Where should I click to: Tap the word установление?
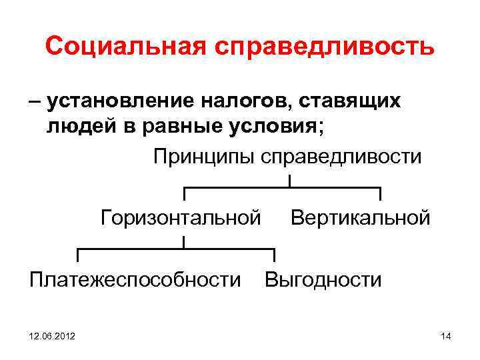click(117, 102)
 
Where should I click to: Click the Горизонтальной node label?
click(180, 217)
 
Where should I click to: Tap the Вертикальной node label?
click(361, 217)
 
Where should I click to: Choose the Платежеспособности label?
click(135, 279)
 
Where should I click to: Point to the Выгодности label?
click(323, 279)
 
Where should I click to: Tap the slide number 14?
click(446, 337)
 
